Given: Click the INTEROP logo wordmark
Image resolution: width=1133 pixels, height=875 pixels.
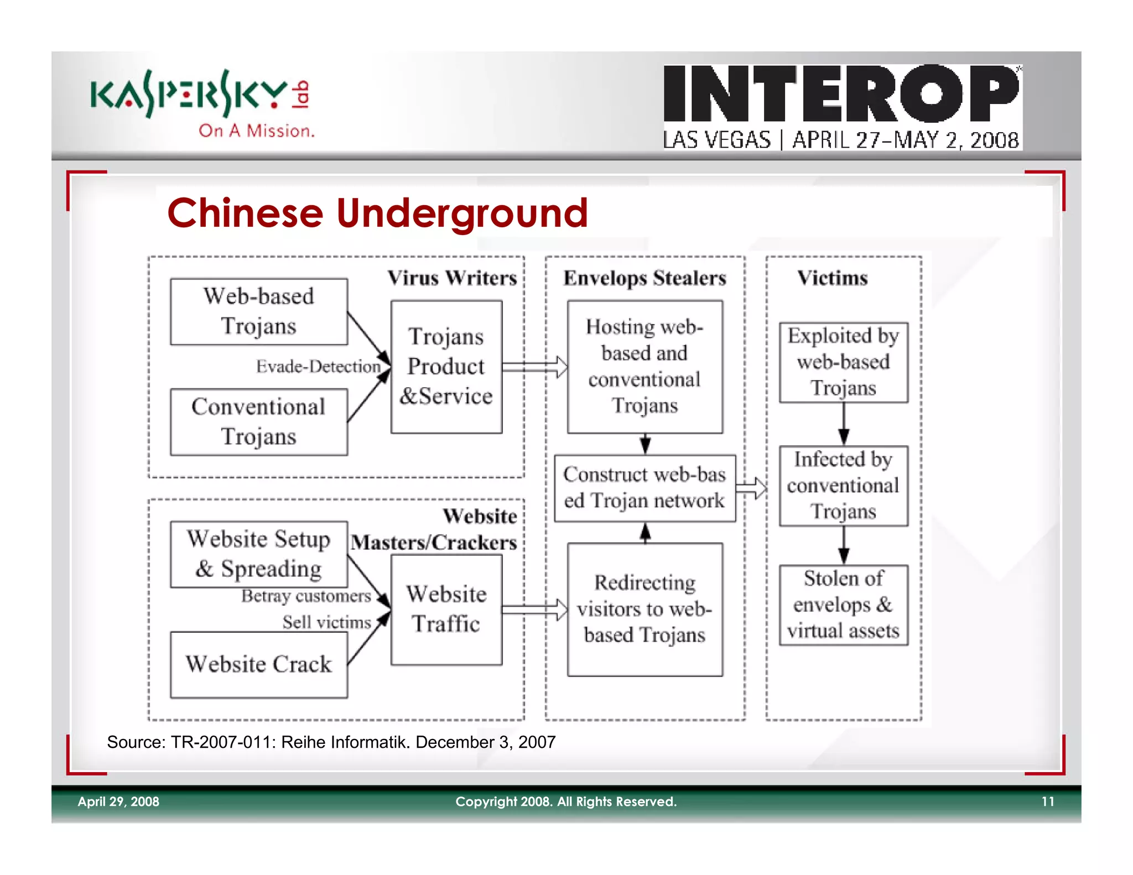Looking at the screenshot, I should pos(841,93).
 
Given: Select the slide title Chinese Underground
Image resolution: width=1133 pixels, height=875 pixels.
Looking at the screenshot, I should pos(377,213).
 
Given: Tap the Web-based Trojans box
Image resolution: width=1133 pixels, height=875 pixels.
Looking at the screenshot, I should pos(258,312).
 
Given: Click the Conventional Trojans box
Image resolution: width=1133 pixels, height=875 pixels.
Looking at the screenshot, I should pos(258,422).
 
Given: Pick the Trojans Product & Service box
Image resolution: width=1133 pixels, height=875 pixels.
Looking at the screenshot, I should pos(446,367).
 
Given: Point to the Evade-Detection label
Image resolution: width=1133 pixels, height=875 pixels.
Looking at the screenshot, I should pos(318,366).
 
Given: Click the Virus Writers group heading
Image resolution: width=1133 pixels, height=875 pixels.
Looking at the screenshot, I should pos(452,278).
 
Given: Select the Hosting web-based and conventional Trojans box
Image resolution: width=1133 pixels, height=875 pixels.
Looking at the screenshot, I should pos(645,367).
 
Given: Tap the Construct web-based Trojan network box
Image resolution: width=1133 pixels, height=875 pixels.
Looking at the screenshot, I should pos(645,488).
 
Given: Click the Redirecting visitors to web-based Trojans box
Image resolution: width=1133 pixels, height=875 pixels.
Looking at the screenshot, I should pos(645,609).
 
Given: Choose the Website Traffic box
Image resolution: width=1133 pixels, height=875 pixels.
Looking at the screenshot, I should pos(446,609).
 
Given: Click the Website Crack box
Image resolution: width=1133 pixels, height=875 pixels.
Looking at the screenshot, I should pos(258,664).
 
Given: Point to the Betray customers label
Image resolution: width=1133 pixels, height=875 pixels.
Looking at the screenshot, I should pos(306,596).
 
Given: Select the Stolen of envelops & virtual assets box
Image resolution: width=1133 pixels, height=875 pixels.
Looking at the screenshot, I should pos(843,605).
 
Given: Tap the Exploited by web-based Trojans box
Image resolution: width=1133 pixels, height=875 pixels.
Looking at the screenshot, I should pos(843,362).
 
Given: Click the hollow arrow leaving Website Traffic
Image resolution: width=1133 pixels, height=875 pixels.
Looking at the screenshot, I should pos(534,610).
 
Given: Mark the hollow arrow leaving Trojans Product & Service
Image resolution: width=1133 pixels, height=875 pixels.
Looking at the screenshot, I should pos(534,367).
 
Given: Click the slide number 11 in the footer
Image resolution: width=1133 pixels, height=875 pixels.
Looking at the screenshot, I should pos(1047,801).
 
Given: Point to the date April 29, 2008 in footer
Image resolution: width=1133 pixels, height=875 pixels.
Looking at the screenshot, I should pos(118,801).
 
